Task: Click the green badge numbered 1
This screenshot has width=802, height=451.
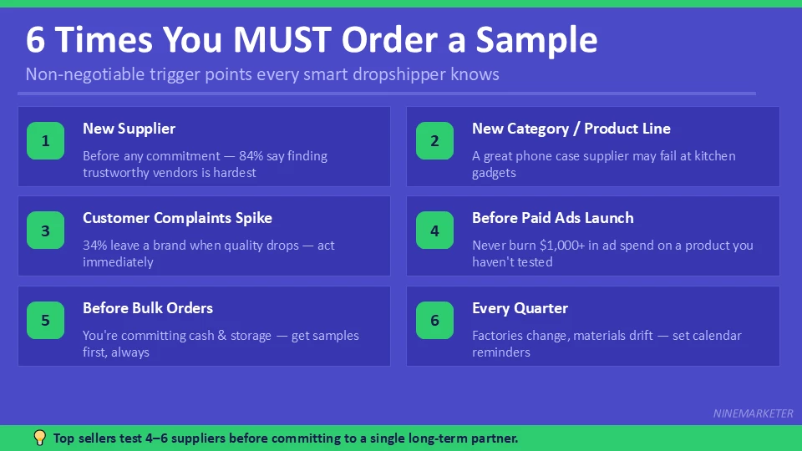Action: click(x=46, y=141)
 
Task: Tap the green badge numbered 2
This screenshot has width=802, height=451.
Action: click(x=435, y=141)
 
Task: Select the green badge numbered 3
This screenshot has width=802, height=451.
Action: click(x=46, y=231)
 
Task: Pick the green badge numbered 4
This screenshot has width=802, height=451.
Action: click(x=435, y=231)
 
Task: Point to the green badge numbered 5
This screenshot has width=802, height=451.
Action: click(x=46, y=321)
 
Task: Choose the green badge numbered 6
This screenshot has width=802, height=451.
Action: click(x=435, y=321)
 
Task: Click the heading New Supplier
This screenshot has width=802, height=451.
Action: click(x=129, y=129)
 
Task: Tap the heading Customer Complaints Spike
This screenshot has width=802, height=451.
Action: click(x=177, y=218)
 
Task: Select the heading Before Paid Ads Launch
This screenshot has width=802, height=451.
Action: click(x=552, y=218)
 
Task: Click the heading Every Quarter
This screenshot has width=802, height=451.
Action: click(x=520, y=308)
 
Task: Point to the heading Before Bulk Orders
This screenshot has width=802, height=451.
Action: click(x=148, y=308)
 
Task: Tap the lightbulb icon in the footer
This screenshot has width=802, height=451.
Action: click(x=39, y=438)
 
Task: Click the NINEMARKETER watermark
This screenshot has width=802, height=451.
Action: click(x=753, y=413)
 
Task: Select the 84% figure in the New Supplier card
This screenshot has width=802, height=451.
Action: click(x=251, y=156)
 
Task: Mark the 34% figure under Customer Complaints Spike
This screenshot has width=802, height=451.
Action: click(x=96, y=246)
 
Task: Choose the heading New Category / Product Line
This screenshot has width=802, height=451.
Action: click(x=571, y=129)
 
